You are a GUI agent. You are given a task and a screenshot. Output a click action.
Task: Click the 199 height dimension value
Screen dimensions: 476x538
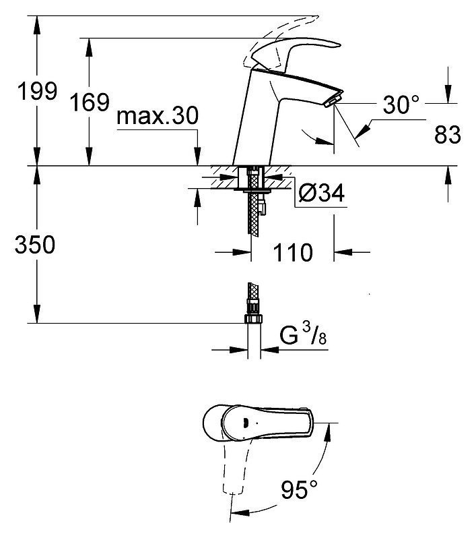[37, 91]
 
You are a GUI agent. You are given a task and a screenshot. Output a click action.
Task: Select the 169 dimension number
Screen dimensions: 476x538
[90, 102]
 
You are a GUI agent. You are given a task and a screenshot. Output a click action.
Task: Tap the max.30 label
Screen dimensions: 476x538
[158, 116]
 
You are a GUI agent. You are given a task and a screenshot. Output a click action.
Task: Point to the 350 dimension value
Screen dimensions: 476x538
[35, 244]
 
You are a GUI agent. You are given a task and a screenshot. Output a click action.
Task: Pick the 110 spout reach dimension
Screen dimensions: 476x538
[293, 253]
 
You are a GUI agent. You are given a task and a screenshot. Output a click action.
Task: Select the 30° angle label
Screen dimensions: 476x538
[401, 104]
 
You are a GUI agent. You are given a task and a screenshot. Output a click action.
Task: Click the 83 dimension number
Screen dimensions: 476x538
[448, 135]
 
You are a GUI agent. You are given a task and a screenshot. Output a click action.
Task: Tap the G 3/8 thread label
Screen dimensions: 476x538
[303, 334]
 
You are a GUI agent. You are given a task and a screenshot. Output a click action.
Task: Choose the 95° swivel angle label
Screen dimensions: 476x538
[299, 489]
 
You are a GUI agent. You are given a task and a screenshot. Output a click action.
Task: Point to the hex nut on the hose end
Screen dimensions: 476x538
[253, 319]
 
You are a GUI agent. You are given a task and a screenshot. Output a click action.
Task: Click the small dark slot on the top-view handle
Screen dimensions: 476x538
[245, 423]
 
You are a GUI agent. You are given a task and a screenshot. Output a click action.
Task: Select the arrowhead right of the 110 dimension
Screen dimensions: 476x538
[343, 252]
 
